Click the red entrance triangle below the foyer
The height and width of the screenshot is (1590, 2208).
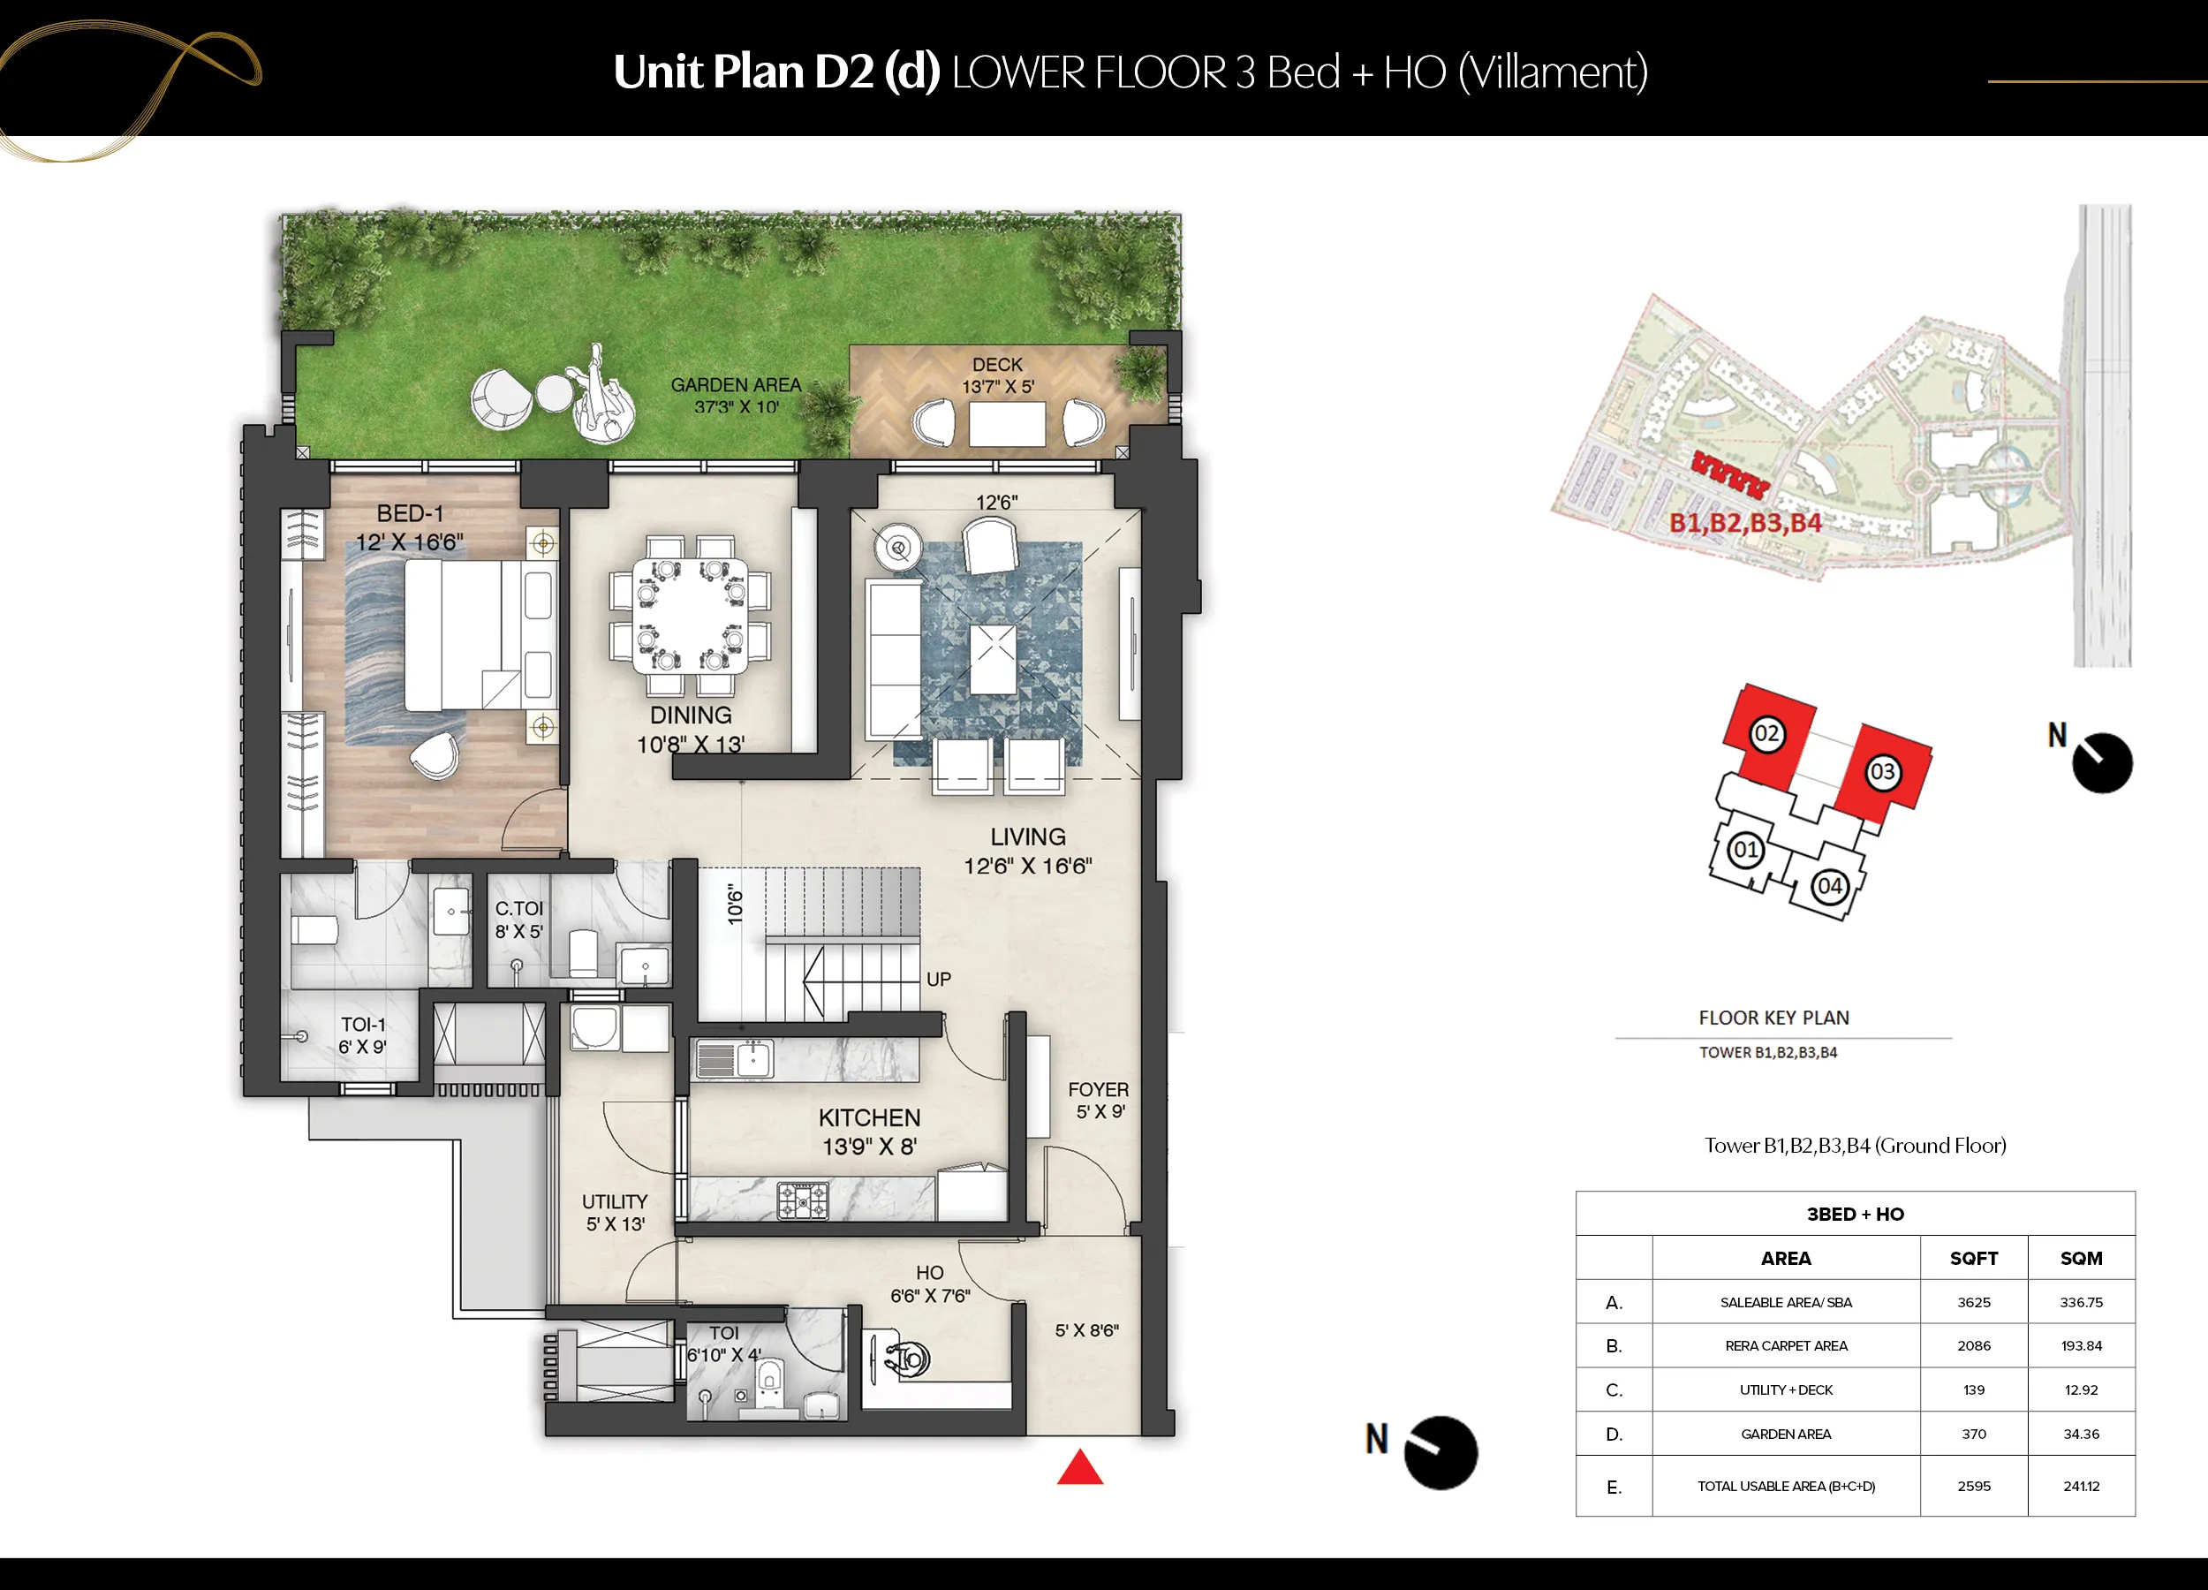1079,1467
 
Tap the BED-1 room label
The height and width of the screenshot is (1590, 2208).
410,513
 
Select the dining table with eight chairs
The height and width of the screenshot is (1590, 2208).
691,615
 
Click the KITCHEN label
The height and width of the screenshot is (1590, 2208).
869,1117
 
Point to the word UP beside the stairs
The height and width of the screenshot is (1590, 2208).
939,979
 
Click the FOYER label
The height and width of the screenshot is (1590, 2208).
1098,1089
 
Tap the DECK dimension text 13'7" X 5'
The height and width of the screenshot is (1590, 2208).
998,387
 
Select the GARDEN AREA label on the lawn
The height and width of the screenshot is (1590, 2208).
736,384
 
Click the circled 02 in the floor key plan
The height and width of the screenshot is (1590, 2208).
1767,733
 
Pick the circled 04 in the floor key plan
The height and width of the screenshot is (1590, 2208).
1829,886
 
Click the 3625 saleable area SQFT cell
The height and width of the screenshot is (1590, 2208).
1973,1302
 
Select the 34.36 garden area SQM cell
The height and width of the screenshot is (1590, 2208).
2082,1434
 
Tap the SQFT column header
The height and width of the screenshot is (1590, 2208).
1973,1258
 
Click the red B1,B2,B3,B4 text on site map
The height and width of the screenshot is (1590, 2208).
1745,523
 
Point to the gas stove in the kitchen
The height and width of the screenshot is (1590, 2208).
802,1200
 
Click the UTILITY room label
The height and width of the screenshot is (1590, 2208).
615,1201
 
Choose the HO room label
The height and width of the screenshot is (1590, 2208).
930,1273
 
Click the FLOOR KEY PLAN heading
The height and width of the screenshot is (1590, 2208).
1773,1018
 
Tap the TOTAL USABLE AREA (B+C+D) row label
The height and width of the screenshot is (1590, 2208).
1786,1486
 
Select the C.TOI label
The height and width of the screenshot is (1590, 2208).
519,908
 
